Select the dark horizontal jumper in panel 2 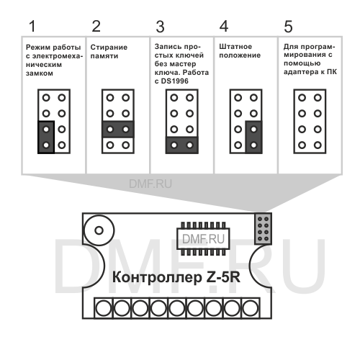click(x=117, y=130)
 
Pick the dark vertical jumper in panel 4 click(x=253, y=137)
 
